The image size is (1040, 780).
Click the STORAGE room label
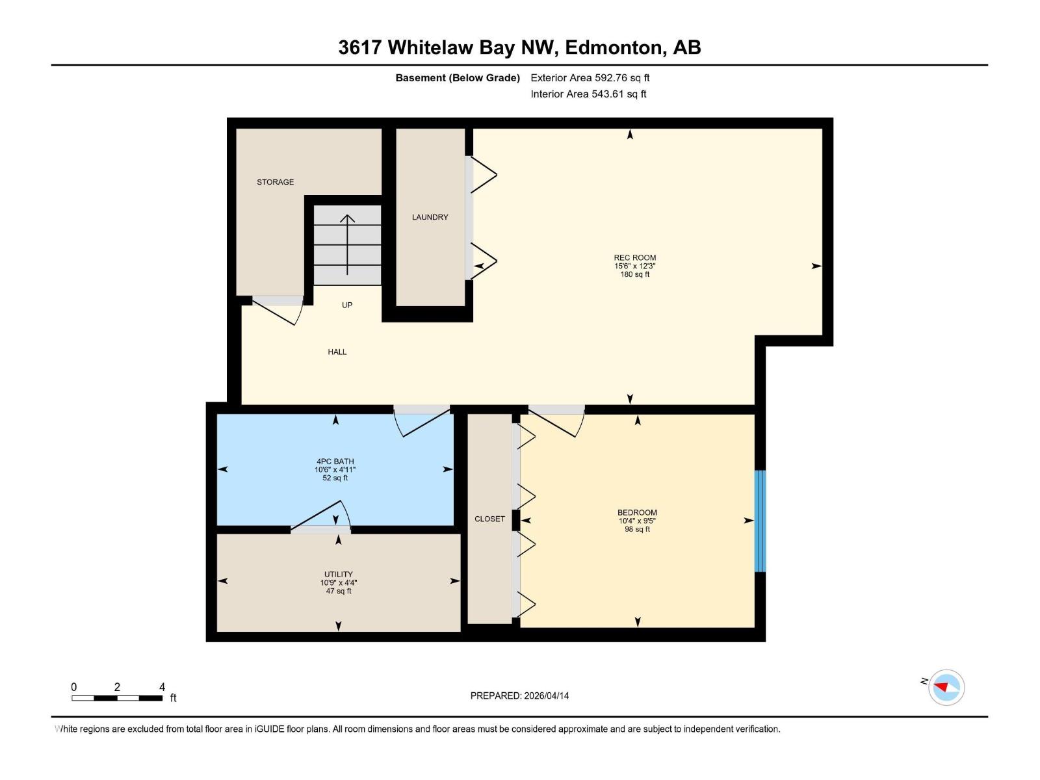coord(275,182)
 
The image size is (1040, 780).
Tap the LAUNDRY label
coord(430,217)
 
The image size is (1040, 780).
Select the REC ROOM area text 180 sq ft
coord(634,274)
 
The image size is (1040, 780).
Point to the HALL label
coord(337,352)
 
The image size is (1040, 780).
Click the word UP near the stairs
coord(347,305)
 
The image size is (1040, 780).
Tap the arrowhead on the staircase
coord(347,219)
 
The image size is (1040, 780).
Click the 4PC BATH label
coord(335,461)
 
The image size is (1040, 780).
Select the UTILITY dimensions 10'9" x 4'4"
coord(338,583)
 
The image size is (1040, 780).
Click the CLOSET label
coord(489,519)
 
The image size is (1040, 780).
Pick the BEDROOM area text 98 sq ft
coord(637,529)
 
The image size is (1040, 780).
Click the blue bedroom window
coord(760,521)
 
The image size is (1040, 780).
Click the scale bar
coord(117,698)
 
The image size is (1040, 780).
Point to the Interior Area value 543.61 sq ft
coord(618,94)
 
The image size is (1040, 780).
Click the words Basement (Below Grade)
coord(458,78)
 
